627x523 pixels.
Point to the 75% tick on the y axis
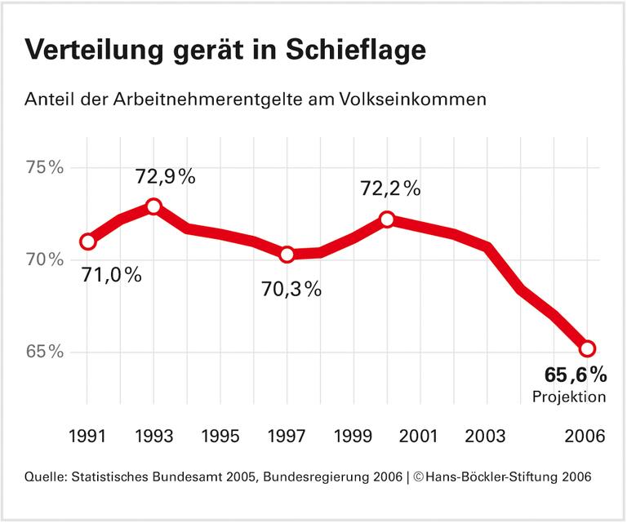click(44, 168)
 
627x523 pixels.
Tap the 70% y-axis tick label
click(44, 260)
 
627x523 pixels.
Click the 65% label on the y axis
click(44, 352)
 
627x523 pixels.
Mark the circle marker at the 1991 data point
click(87, 242)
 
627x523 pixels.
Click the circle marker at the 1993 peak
click(153, 206)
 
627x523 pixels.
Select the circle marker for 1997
click(287, 255)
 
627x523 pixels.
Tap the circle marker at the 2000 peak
click(387, 219)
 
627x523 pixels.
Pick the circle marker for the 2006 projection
click(587, 349)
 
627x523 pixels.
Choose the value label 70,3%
click(291, 288)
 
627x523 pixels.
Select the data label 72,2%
click(390, 189)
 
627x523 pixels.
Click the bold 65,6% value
click(576, 375)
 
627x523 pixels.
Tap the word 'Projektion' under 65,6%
click(569, 397)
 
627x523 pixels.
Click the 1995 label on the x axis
click(220, 436)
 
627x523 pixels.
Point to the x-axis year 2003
click(487, 436)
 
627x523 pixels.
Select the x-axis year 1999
click(354, 436)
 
